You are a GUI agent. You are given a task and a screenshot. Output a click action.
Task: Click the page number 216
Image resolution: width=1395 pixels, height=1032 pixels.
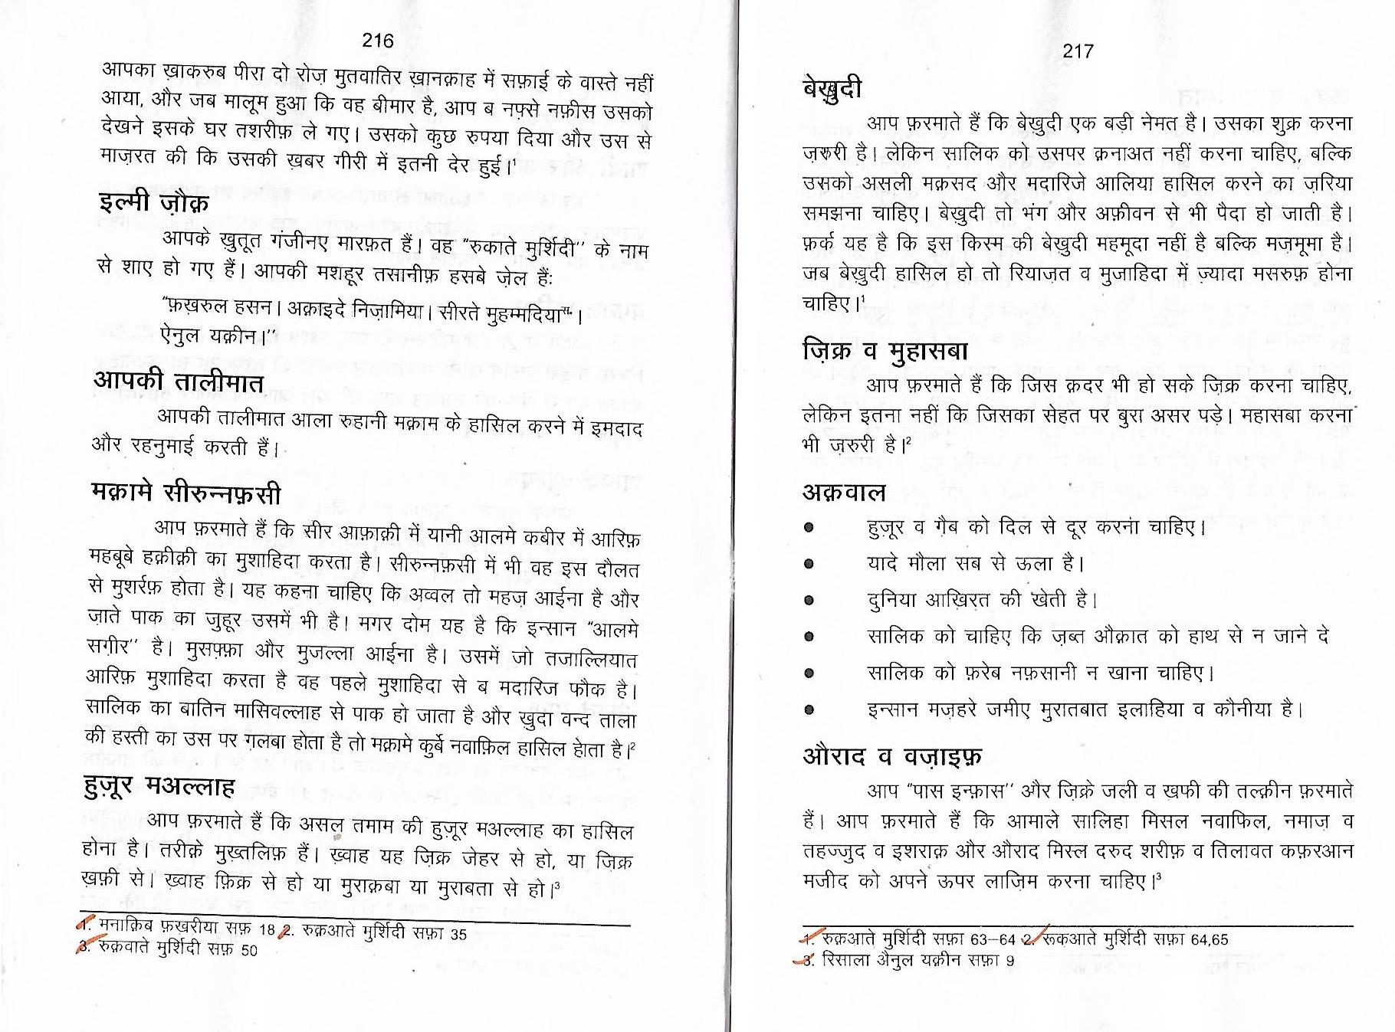[377, 41]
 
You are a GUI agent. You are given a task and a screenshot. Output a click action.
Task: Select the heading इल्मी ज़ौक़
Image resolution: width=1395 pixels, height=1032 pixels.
[153, 204]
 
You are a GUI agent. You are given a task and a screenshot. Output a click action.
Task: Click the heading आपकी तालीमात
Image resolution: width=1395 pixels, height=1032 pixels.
[178, 382]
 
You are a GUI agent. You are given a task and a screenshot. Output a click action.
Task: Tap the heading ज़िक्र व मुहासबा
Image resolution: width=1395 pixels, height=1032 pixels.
[885, 351]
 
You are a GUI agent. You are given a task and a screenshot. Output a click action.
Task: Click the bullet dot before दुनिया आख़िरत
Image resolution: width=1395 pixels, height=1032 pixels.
[809, 601]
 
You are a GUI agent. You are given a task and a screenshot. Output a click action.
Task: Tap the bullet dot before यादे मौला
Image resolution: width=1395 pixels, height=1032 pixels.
[809, 565]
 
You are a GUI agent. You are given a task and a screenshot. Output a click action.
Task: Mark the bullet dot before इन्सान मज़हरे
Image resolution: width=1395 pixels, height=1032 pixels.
[809, 710]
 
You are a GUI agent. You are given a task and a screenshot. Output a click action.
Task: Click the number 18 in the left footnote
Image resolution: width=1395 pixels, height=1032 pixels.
[267, 929]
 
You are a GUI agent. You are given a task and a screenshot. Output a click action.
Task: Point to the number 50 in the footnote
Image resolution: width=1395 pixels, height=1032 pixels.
[249, 951]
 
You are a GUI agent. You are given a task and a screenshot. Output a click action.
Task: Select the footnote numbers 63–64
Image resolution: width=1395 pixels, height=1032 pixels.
[993, 939]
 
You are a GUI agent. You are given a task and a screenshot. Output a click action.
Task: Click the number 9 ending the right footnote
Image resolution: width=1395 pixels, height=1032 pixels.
[1010, 960]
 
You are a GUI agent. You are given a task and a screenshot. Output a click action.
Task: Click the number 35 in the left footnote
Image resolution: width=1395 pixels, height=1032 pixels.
[458, 934]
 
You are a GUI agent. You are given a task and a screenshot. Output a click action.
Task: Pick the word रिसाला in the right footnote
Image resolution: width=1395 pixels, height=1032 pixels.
[844, 959]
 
